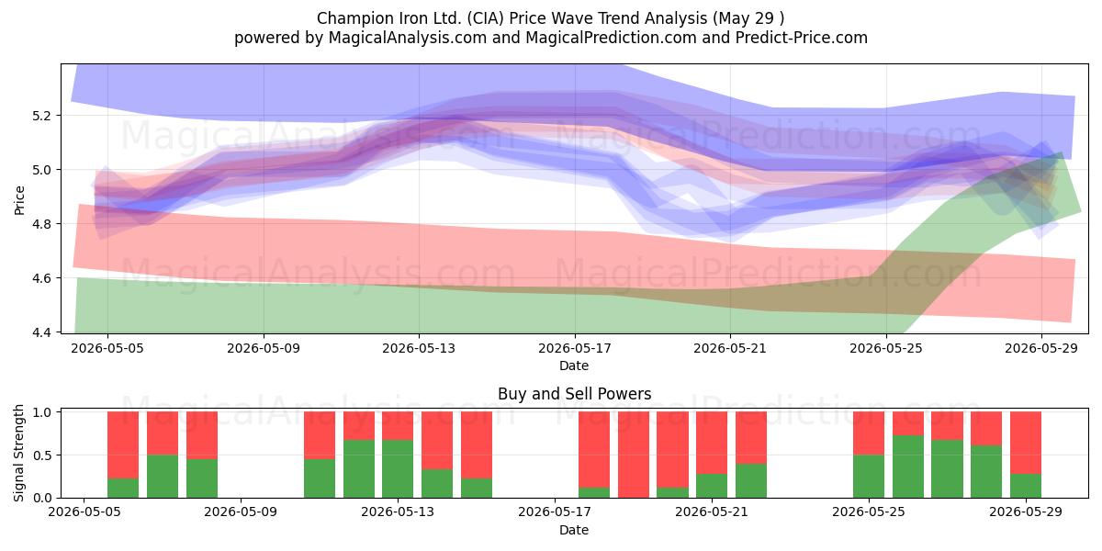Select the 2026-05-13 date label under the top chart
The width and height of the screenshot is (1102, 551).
tap(419, 348)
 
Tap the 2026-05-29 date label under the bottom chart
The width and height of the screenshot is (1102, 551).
tap(1026, 512)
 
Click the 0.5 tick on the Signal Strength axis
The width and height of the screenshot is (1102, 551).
tap(43, 455)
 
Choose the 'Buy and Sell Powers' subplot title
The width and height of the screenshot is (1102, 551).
tap(574, 394)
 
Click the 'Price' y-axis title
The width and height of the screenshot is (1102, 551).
tap(19, 200)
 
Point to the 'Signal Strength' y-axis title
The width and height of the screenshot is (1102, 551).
tap(19, 453)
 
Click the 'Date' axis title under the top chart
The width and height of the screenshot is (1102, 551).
tap(574, 365)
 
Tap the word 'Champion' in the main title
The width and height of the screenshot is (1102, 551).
tap(348, 18)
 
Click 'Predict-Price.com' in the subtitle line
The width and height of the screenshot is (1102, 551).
tap(802, 38)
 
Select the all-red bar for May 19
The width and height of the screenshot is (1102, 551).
tap(633, 455)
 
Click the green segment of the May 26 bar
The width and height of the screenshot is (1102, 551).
tap(908, 467)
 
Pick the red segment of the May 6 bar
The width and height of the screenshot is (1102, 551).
tap(123, 445)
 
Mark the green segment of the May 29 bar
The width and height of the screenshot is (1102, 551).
tap(1026, 486)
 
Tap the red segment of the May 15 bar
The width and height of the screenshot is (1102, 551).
tap(477, 445)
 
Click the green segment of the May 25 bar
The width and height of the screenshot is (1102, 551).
tap(869, 477)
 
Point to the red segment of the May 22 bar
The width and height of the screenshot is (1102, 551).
tap(751, 438)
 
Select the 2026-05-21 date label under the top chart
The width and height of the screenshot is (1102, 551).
tap(730, 348)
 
